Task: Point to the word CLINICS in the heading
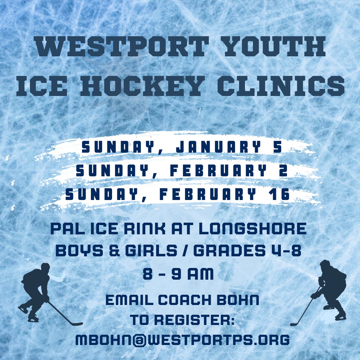tap(281, 85)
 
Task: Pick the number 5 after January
tap(277, 148)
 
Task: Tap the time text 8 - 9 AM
tap(178, 274)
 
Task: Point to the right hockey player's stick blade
tap(293, 324)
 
